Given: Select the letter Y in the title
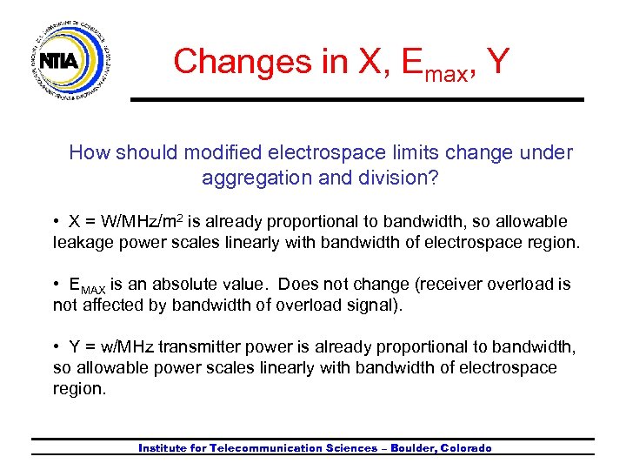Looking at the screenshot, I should [498, 61].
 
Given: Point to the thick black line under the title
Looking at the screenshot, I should [356, 100].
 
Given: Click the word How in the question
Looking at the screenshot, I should [89, 153].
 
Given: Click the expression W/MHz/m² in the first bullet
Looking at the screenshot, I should [142, 221].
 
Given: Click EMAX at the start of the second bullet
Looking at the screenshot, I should [88, 285].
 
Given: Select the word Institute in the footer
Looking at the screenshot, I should [165, 448].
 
